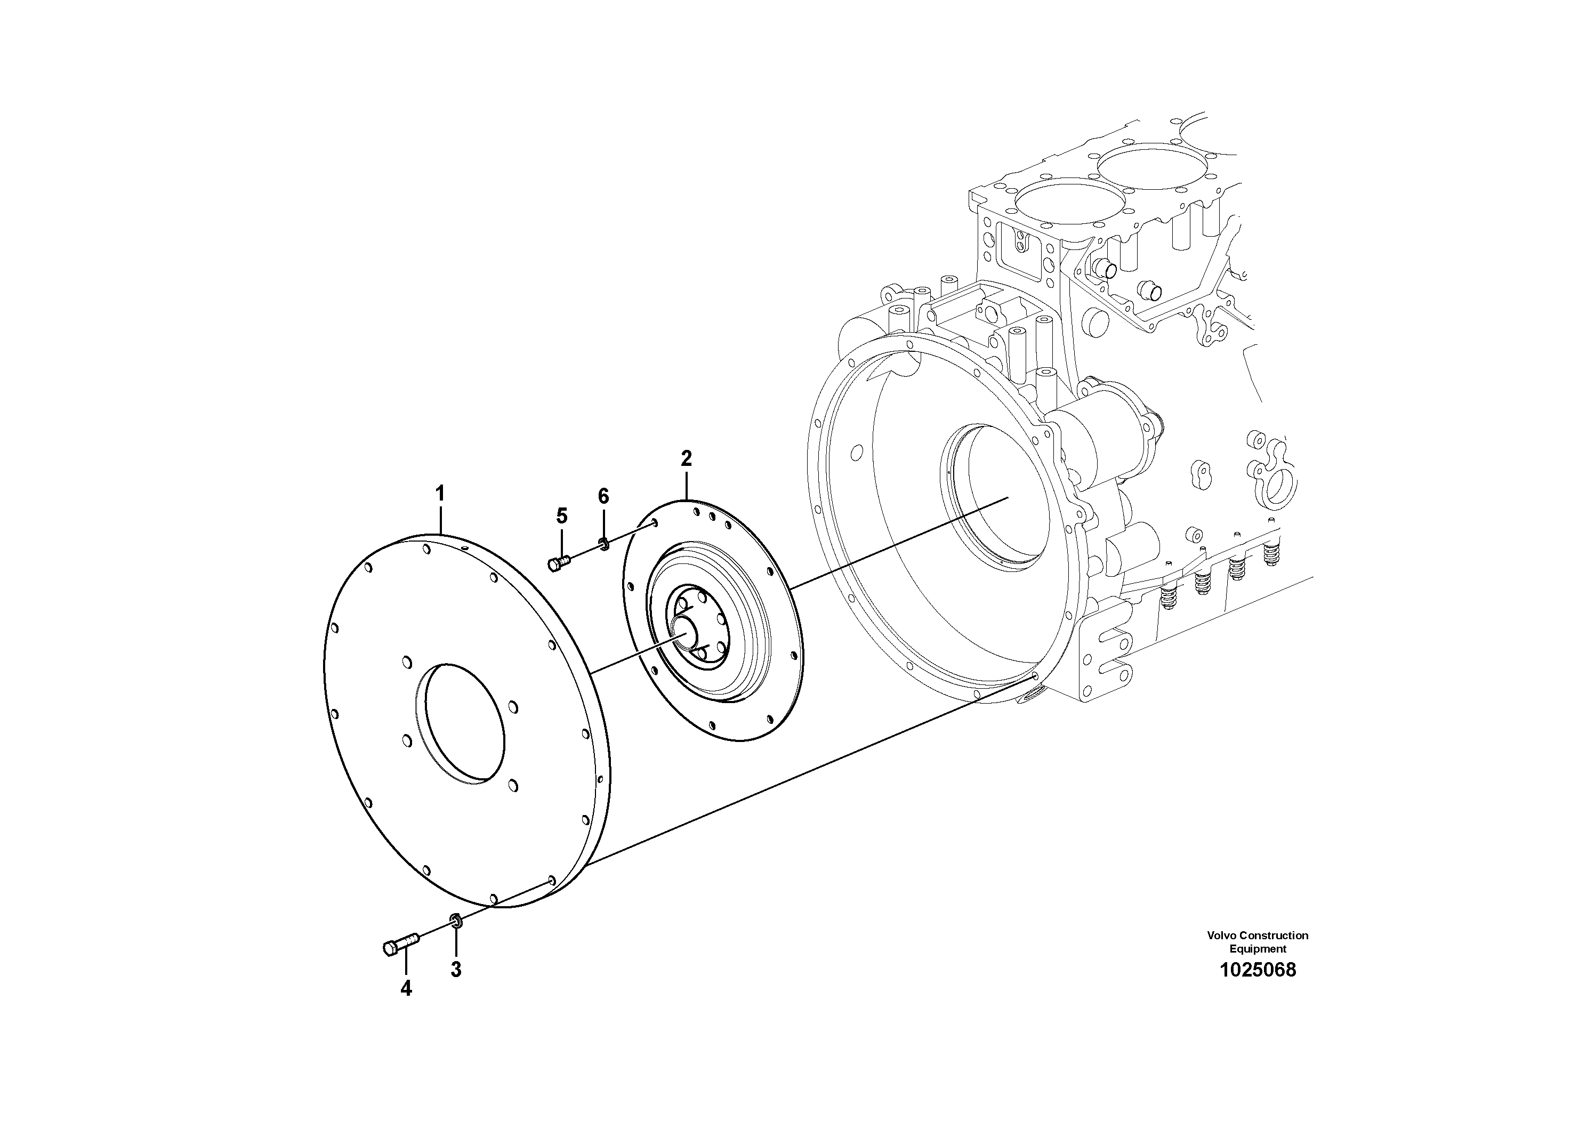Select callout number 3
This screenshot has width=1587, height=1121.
pyautogui.click(x=455, y=970)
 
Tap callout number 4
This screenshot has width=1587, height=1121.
pyautogui.click(x=406, y=988)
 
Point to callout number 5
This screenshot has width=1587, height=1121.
pyautogui.click(x=562, y=515)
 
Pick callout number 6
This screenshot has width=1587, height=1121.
pyautogui.click(x=603, y=496)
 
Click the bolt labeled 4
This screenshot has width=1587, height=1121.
pyautogui.click(x=399, y=945)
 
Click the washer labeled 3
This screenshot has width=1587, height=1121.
pyautogui.click(x=455, y=920)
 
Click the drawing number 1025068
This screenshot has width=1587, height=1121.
pyautogui.click(x=1258, y=970)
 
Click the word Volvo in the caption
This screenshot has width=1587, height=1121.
pyautogui.click(x=1221, y=935)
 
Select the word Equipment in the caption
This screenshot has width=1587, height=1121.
pyautogui.click(x=1258, y=949)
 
